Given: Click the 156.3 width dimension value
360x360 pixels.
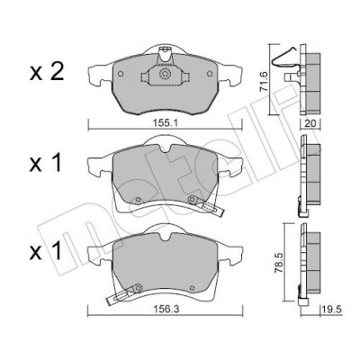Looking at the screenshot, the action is click(x=166, y=310).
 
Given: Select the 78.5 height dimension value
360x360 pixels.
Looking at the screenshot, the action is click(x=279, y=263).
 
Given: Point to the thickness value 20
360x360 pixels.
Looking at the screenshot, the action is click(x=310, y=123).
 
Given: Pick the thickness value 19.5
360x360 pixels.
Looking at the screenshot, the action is click(x=332, y=310).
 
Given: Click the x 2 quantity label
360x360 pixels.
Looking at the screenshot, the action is click(x=47, y=73).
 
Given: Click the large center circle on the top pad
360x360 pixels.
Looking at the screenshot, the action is click(x=164, y=74).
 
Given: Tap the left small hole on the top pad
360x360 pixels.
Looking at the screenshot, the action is click(x=121, y=74).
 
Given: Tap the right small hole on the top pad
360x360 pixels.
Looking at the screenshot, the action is click(x=210, y=74).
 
